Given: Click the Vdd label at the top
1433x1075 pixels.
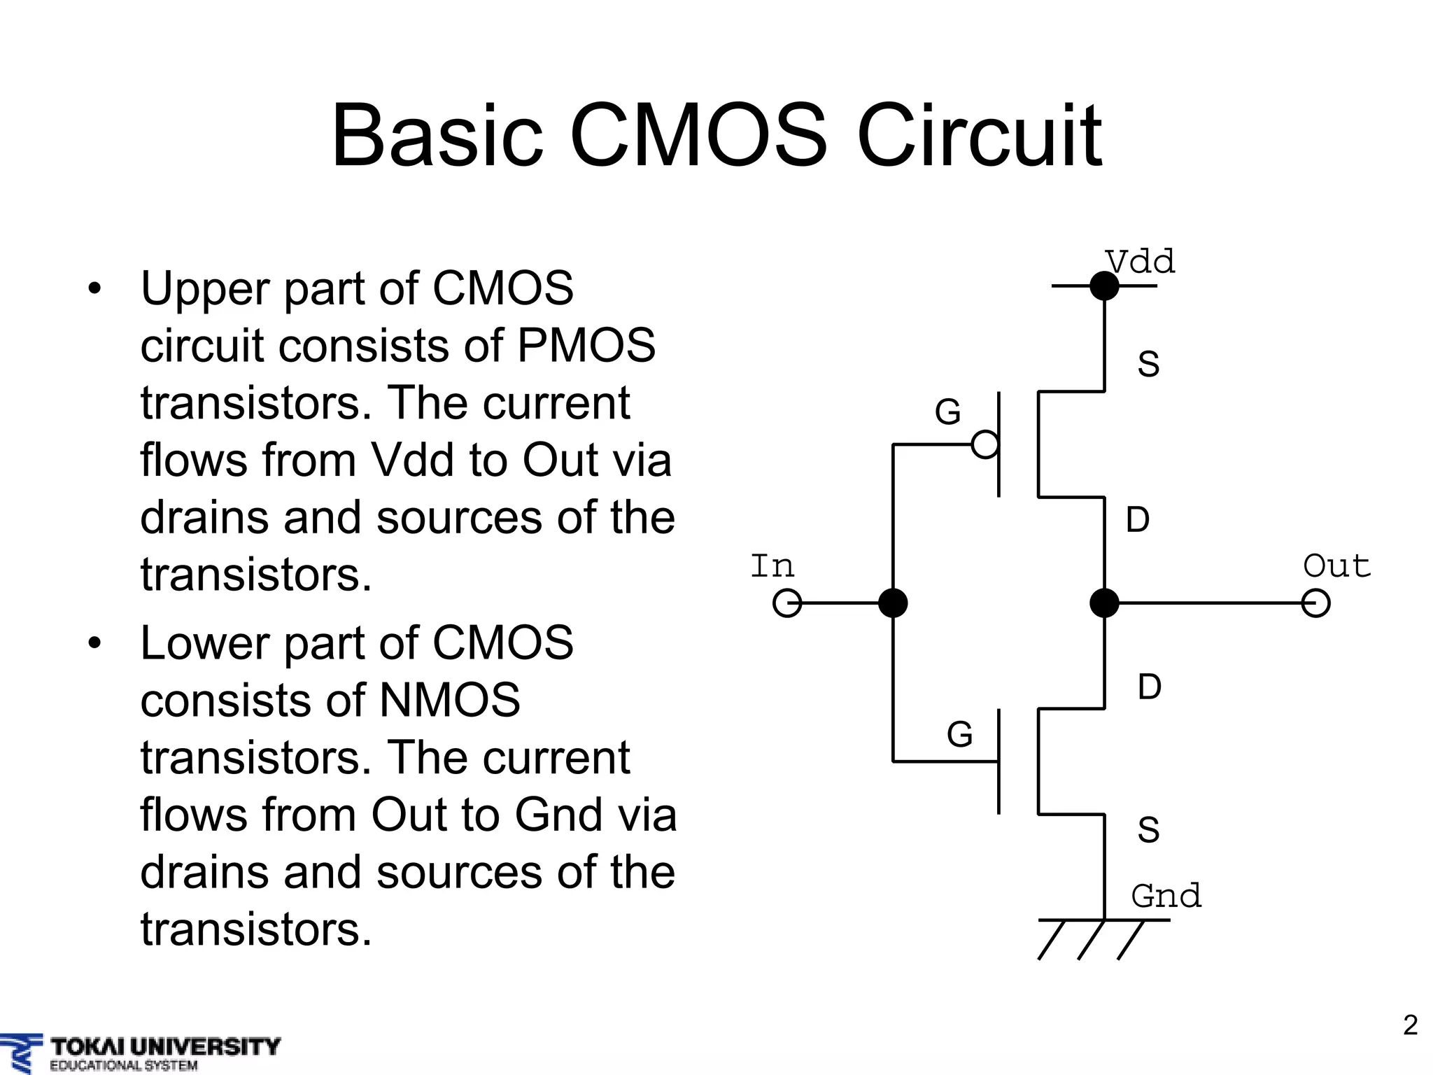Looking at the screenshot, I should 1141,262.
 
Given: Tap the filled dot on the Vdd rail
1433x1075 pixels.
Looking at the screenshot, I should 1104,286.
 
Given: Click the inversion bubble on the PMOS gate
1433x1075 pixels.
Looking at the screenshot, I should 985,444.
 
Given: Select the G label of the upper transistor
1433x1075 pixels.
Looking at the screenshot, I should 948,412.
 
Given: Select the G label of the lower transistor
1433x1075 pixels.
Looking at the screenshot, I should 959,734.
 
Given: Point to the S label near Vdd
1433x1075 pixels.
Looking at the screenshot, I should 1148,364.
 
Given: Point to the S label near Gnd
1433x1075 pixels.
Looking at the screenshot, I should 1148,829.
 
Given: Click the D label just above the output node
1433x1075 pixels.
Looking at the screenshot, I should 1138,520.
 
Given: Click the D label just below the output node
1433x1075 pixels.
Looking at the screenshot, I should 1149,687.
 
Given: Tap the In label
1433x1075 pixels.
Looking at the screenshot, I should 772,565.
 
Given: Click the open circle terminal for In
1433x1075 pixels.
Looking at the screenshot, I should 787,603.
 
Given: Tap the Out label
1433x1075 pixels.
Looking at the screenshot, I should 1336,565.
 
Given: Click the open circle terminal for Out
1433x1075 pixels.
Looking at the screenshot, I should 1315,603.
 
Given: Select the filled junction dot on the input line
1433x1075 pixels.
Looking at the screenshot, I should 893,603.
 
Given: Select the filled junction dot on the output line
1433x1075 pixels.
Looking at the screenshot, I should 1104,603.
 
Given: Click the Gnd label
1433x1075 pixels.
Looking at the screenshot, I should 1166,896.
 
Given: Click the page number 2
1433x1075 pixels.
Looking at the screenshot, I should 1411,1025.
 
